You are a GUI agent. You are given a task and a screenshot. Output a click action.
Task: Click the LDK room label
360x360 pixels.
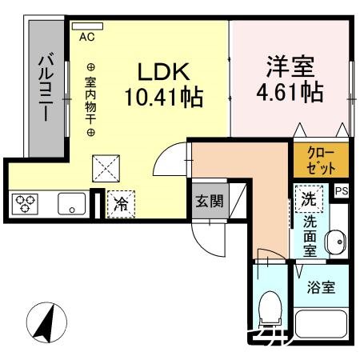[165, 72]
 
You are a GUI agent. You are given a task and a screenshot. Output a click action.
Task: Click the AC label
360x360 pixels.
[86, 35]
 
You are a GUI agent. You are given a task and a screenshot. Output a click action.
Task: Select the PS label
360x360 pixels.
[342, 191]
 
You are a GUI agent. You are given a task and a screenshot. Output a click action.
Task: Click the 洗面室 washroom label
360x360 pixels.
[309, 236]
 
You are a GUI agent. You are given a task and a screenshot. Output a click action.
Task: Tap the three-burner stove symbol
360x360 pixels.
[26, 205]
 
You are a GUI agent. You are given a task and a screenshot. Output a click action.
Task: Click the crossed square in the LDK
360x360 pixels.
[106, 167]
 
